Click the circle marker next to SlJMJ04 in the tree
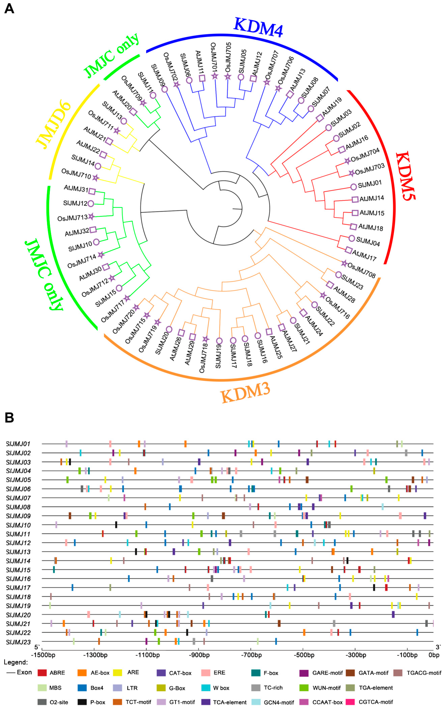click(352, 238)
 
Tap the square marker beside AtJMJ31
click(92, 191)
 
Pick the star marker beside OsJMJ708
click(344, 264)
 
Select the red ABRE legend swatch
click(42, 673)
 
